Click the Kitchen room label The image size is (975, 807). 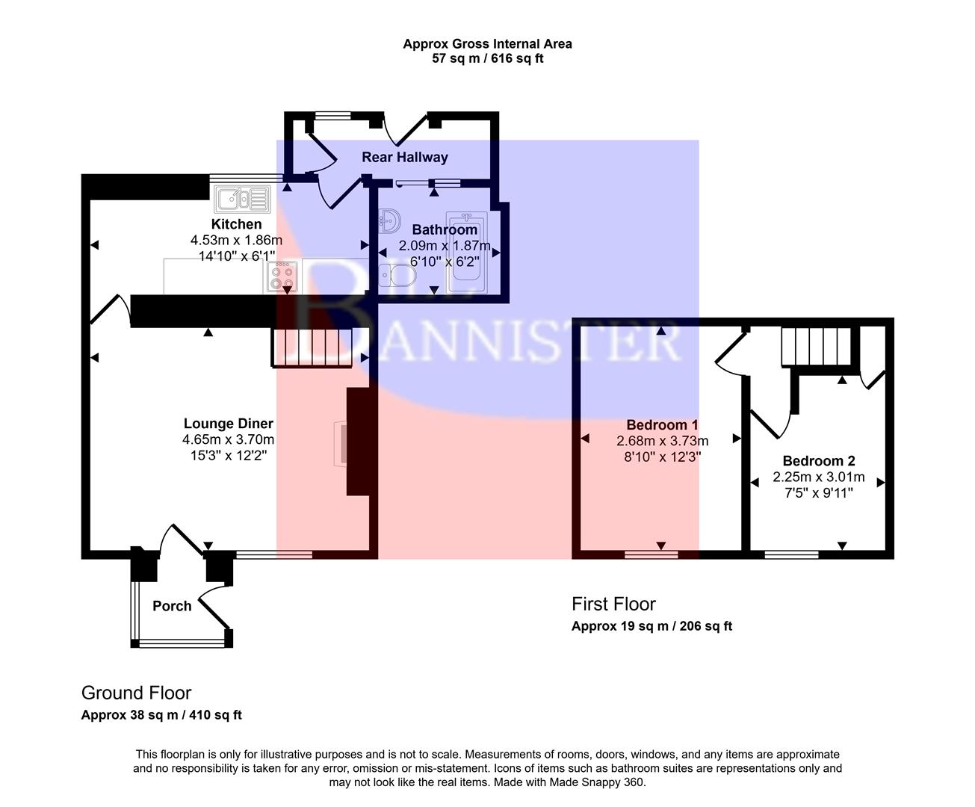point(236,224)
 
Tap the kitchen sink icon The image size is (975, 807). point(242,199)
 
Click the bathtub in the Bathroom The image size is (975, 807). point(467,254)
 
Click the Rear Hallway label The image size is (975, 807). point(404,157)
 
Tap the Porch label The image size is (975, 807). point(172,606)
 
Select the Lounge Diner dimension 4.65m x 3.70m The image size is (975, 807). point(228,439)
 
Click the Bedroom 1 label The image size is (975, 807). point(662,425)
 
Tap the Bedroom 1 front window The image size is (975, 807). point(651,554)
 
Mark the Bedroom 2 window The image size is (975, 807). point(791,554)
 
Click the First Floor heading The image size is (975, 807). point(613,604)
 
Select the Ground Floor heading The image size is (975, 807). point(136,693)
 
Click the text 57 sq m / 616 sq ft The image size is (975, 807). point(487,58)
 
